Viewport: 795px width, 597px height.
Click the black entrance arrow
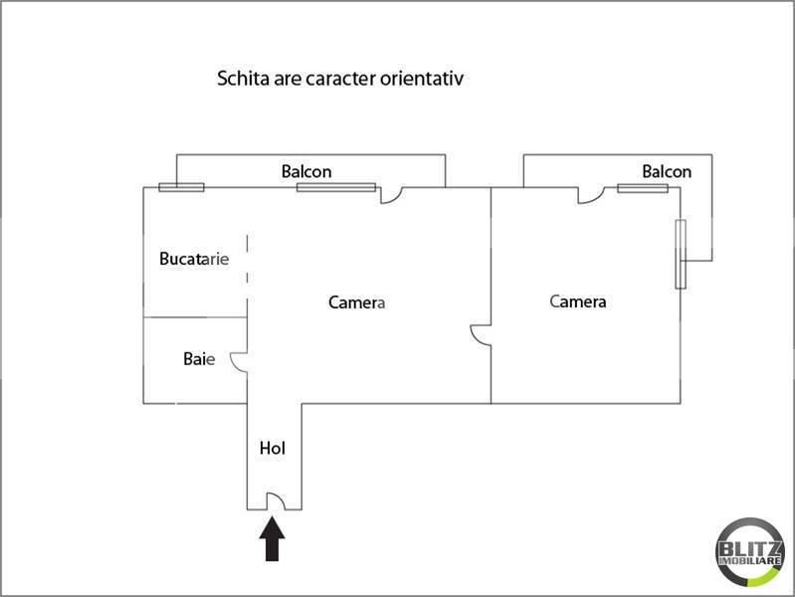pyautogui.click(x=273, y=538)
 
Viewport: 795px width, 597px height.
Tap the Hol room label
pyautogui.click(x=273, y=448)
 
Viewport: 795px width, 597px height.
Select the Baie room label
pyautogui.click(x=199, y=359)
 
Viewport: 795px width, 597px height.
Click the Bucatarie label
pyautogui.click(x=194, y=259)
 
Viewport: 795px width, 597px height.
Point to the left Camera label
pyautogui.click(x=356, y=302)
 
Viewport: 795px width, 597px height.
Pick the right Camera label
pyautogui.click(x=577, y=301)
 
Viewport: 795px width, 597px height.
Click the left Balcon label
pyautogui.click(x=306, y=171)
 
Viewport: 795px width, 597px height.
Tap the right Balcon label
pyautogui.click(x=667, y=171)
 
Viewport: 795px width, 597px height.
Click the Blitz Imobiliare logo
pyautogui.click(x=750, y=552)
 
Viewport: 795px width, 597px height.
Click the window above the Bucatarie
pyautogui.click(x=181, y=188)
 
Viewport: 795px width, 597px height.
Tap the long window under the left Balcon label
pyautogui.click(x=336, y=188)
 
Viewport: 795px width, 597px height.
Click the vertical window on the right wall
pyautogui.click(x=681, y=254)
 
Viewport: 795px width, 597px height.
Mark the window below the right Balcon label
pyautogui.click(x=643, y=189)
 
